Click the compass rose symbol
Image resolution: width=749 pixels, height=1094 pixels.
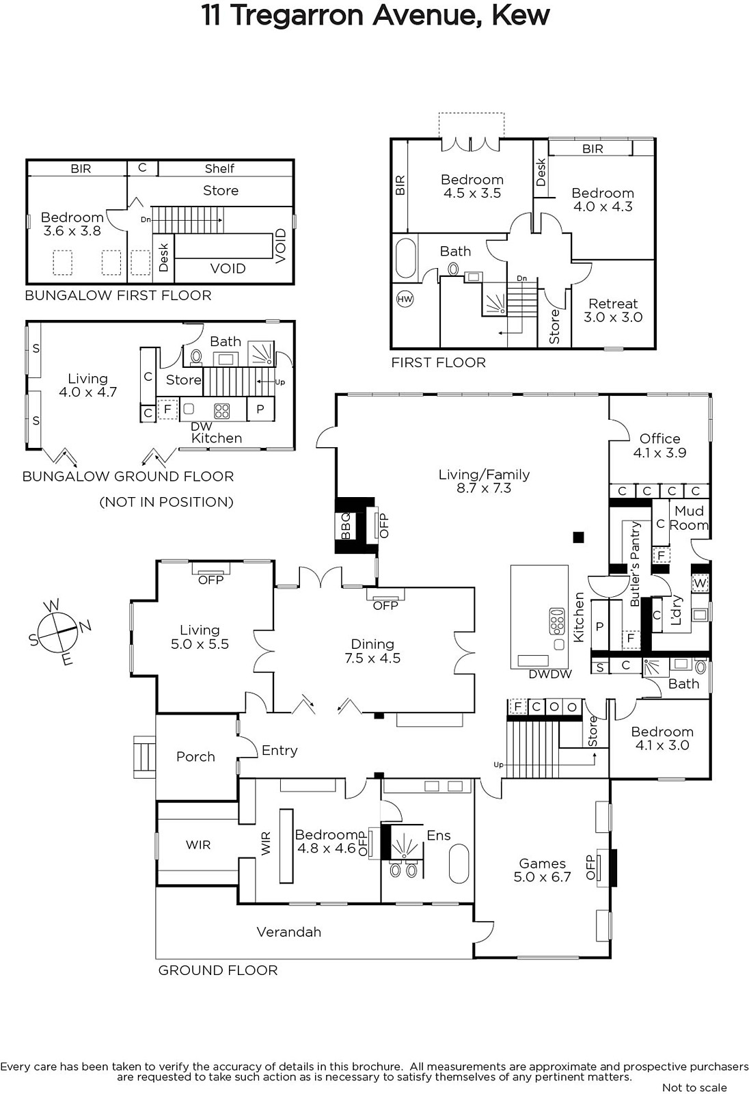(58, 631)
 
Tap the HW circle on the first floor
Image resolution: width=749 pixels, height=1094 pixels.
(405, 299)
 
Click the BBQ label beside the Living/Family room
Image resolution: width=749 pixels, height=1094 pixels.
(346, 525)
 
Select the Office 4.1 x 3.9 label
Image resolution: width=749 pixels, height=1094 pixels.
(659, 445)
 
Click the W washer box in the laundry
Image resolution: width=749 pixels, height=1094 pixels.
(700, 583)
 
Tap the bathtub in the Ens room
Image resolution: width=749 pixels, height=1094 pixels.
(459, 864)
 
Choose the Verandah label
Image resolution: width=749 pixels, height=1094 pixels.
(288, 931)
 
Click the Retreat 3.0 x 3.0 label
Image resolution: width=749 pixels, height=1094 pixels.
(613, 310)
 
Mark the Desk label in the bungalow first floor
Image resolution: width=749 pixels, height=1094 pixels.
(163, 258)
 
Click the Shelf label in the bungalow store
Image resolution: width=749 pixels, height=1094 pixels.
(219, 168)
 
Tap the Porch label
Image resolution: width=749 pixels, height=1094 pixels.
(195, 756)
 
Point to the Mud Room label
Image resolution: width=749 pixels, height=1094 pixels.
(689, 518)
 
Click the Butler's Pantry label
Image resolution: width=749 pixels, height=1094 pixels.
(635, 563)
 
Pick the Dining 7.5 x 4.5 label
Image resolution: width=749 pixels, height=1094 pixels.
(372, 651)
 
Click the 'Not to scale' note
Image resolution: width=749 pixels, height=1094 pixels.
(694, 1087)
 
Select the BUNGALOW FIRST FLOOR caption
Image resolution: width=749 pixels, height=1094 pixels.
(118, 295)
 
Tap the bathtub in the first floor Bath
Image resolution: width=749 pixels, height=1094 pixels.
(406, 258)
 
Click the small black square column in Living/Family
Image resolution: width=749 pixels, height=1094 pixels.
(578, 537)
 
